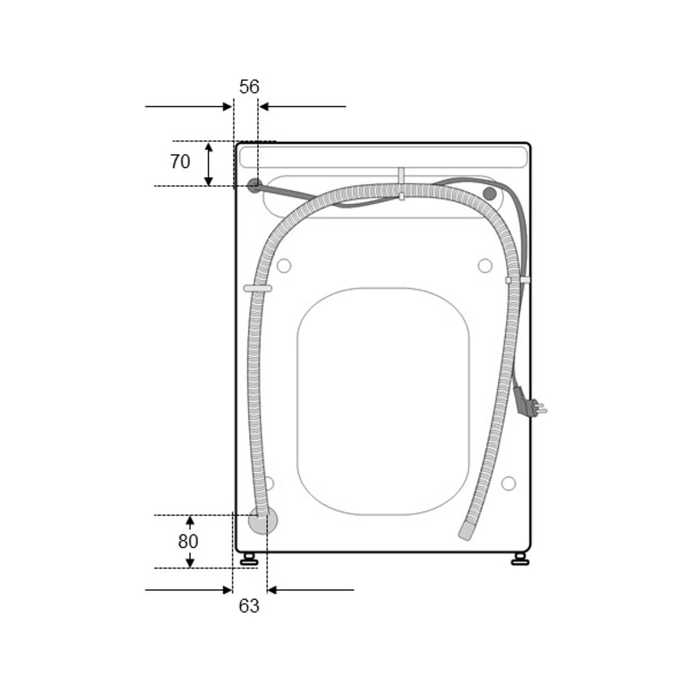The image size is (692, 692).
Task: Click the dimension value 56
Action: click(249, 87)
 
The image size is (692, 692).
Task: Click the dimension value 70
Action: click(180, 162)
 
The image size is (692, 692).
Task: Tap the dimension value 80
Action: click(188, 541)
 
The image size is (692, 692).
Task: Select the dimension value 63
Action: click(249, 606)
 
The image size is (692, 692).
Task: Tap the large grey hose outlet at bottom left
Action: click(263, 520)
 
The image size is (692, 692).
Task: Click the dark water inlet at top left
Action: click(254, 186)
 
